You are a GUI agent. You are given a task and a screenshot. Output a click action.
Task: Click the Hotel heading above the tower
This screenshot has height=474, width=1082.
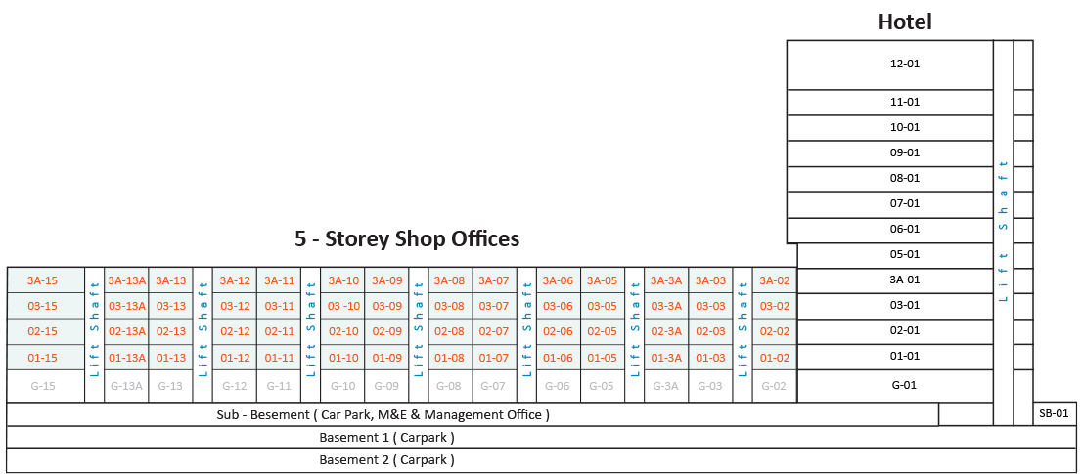(x=905, y=22)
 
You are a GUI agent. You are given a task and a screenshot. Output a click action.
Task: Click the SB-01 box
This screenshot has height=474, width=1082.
(x=1055, y=413)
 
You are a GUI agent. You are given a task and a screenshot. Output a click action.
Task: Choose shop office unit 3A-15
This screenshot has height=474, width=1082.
(x=43, y=280)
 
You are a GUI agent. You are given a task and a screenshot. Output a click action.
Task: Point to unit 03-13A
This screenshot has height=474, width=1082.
(x=126, y=306)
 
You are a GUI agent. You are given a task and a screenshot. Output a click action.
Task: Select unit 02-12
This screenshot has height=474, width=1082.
(x=235, y=331)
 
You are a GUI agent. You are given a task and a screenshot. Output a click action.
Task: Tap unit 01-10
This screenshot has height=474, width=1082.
(x=343, y=358)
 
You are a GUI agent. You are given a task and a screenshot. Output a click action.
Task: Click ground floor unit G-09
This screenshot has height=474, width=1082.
(x=386, y=386)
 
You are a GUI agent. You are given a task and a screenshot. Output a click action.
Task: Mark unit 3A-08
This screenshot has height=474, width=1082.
(x=449, y=280)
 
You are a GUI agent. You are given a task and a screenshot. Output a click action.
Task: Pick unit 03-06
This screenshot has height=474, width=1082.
(x=558, y=306)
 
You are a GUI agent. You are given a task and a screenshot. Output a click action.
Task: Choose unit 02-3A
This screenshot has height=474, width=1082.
(x=666, y=331)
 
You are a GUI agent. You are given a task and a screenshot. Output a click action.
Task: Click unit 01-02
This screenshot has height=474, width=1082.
(x=774, y=358)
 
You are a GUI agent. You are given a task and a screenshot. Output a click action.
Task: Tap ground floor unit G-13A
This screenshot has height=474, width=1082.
(x=126, y=386)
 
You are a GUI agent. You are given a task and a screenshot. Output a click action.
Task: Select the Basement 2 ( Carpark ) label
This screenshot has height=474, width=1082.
(x=386, y=460)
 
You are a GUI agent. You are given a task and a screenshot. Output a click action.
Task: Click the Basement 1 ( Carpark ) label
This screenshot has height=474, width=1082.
(x=386, y=438)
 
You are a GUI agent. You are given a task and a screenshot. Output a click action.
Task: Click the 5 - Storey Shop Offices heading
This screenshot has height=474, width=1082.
(x=407, y=239)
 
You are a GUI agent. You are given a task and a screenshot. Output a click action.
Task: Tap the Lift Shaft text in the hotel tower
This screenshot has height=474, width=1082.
(x=1004, y=232)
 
